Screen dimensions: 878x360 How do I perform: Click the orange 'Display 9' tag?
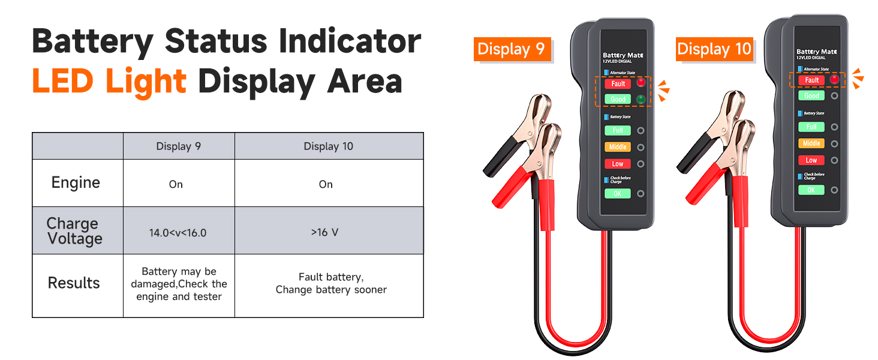512,49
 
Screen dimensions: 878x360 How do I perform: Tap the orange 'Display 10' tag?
714,49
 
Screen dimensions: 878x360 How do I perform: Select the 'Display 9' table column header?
179,146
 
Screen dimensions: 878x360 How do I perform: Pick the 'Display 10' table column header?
329,146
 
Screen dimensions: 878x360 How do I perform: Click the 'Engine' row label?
76,183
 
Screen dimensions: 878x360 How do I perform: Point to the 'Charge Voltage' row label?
74,231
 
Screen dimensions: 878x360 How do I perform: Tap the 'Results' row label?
74,283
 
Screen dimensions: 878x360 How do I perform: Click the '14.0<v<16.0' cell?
178,233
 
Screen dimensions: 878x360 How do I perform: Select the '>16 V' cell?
324,232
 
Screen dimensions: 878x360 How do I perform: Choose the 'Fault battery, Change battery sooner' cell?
331,283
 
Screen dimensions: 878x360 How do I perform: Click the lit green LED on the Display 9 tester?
641,99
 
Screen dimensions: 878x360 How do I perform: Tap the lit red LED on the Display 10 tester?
834,79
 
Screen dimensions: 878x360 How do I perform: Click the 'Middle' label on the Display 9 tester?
618,147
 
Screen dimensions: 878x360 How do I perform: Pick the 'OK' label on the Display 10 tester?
811,190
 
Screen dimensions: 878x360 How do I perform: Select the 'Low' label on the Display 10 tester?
811,160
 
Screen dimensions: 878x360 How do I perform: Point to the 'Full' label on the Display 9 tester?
618,130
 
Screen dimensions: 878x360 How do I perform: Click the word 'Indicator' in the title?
350,41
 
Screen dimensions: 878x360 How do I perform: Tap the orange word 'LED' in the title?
63,81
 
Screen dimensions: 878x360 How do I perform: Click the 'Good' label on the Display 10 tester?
811,95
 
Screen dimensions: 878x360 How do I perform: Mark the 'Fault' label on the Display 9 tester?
618,83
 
